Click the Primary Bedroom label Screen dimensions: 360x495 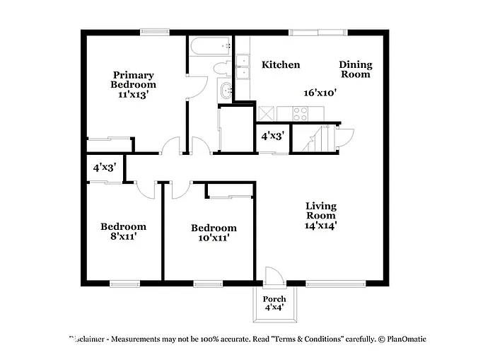point(133,80)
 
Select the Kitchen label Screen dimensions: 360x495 point(281,65)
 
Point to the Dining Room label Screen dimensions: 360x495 point(355,69)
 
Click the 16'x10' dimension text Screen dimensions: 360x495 point(320,93)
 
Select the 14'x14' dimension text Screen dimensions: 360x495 point(320,226)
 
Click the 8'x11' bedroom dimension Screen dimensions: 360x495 point(123,237)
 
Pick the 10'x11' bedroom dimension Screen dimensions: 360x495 point(214,238)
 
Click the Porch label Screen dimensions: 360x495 point(274,299)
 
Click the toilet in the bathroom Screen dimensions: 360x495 point(222,69)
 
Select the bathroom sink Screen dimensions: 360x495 point(226,90)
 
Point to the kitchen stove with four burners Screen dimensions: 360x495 point(301,113)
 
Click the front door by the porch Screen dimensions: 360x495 point(272,277)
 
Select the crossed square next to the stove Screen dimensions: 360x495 point(267,113)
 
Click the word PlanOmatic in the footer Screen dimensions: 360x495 point(406,339)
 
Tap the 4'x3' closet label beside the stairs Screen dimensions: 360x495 point(272,136)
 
